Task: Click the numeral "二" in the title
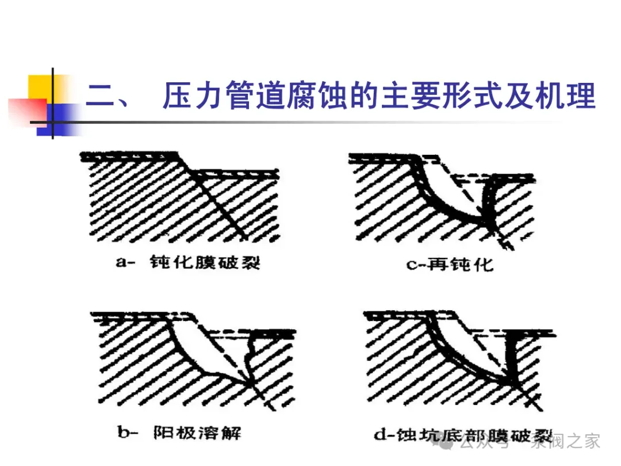pos(102,96)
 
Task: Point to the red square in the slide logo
pos(26,109)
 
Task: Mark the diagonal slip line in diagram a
pos(216,201)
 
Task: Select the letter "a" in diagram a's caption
pos(121,263)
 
